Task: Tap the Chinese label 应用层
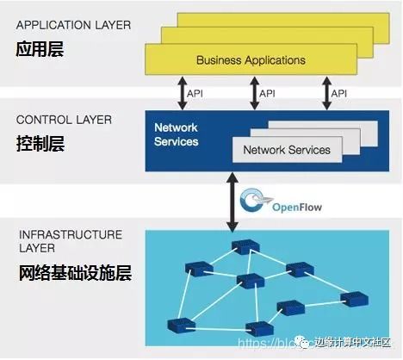[x=40, y=50]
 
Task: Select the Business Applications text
[x=251, y=60]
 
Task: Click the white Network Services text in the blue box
[x=176, y=134]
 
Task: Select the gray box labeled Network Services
[x=287, y=150]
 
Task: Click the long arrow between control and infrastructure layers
[x=231, y=200]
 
